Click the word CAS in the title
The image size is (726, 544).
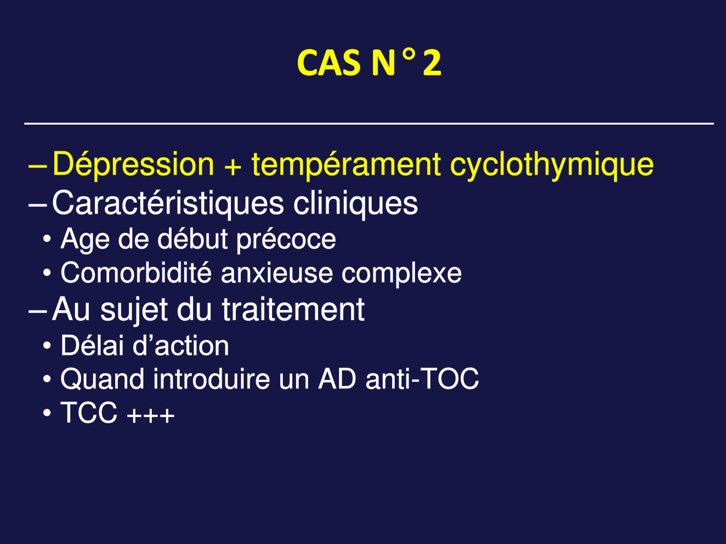pos(328,63)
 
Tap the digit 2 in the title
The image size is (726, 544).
pos(432,63)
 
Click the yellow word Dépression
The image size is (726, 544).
pos(133,164)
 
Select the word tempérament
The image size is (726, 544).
pos(346,165)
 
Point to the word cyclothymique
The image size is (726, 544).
pos(552,165)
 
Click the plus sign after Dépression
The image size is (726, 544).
pos(232,167)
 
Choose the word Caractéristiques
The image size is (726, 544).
pos(168,203)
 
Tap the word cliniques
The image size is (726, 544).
pos(355,203)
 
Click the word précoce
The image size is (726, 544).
pos(286,240)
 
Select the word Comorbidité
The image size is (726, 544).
pos(136,273)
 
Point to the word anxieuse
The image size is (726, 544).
pos(277,273)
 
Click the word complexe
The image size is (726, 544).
pos(401,274)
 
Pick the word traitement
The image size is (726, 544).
pos(293,310)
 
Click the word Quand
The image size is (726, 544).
pos(102,379)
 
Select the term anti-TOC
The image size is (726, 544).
pos(422,379)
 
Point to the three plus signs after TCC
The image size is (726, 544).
pos(151,415)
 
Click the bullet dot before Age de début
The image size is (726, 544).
pos(47,238)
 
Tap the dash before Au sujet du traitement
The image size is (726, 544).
pos(37,311)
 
